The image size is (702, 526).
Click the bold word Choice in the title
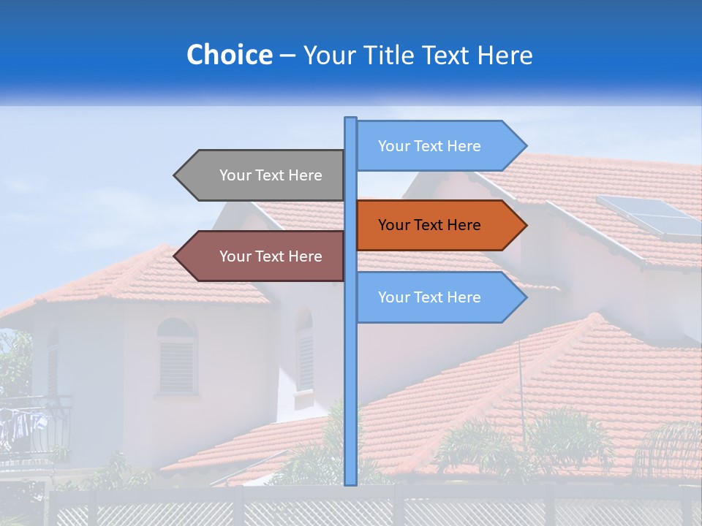coord(229,55)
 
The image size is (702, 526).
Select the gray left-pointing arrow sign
coord(263,175)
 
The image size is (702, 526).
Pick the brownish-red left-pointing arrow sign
coord(263,256)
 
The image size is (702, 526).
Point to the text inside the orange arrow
coord(429,225)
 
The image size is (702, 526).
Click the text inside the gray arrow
coord(271,175)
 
